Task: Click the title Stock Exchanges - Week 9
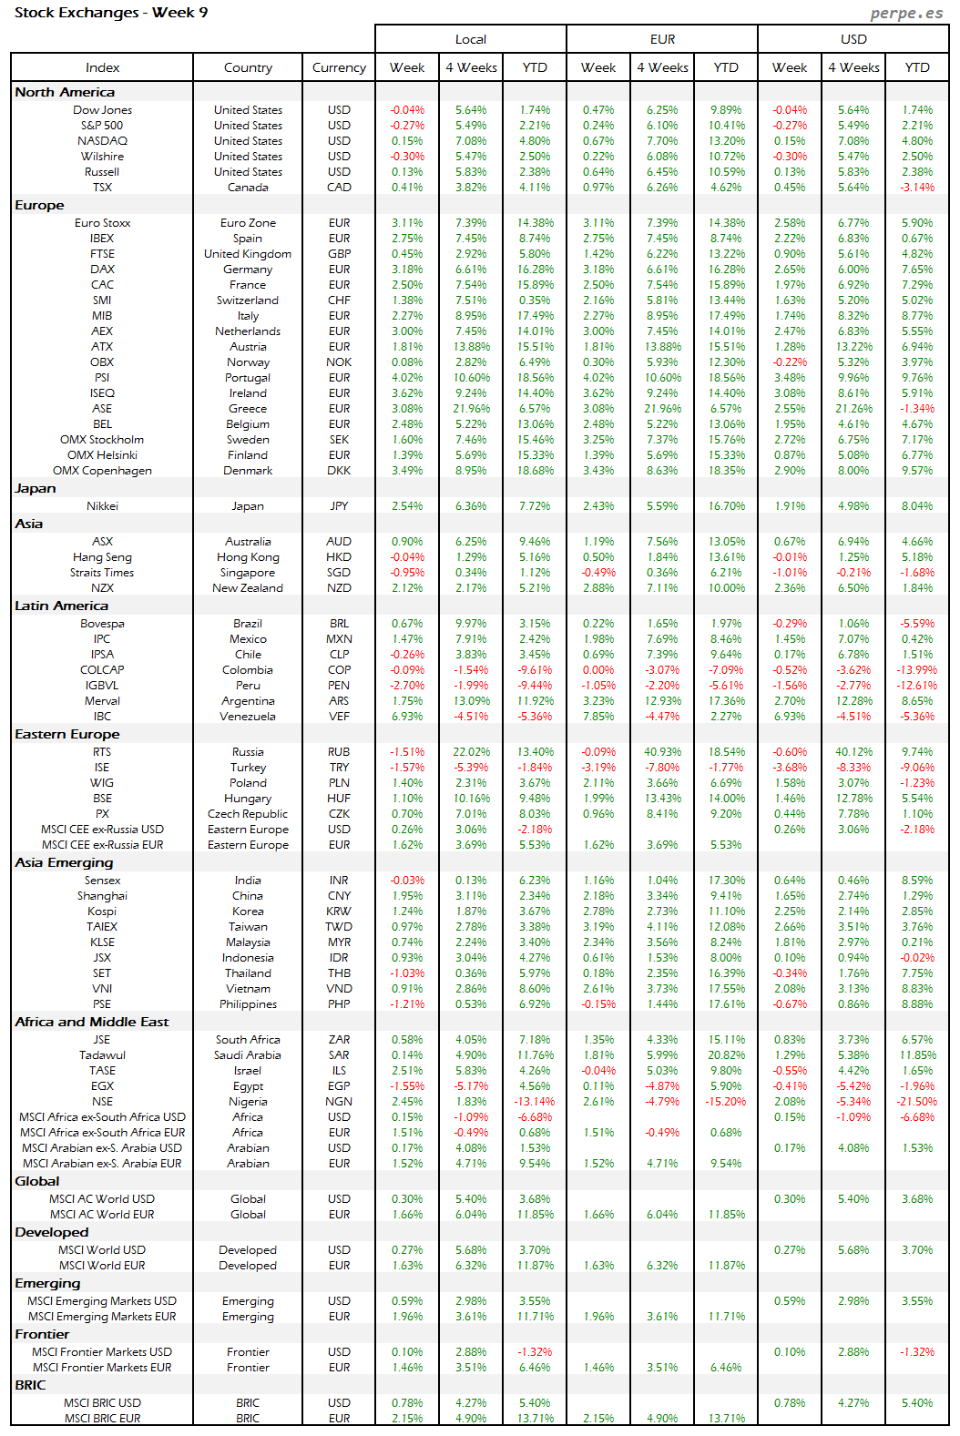tap(111, 13)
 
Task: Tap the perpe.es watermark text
tap(906, 13)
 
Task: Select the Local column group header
tap(471, 39)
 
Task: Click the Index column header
tap(102, 67)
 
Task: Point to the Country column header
tap(248, 67)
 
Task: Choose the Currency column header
tap(339, 67)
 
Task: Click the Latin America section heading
tap(61, 606)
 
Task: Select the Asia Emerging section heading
tap(64, 862)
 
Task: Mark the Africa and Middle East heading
tap(91, 1022)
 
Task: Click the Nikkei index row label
tap(102, 506)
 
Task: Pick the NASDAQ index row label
tap(102, 141)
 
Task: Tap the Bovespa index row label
tap(102, 624)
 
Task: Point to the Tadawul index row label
tap(102, 1055)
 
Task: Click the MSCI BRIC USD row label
tap(102, 1403)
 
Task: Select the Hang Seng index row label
tap(102, 557)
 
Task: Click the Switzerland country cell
tap(248, 300)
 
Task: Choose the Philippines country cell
tap(248, 1004)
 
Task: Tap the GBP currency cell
tap(339, 254)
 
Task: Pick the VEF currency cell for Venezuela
tap(339, 717)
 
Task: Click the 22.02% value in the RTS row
tap(471, 752)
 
